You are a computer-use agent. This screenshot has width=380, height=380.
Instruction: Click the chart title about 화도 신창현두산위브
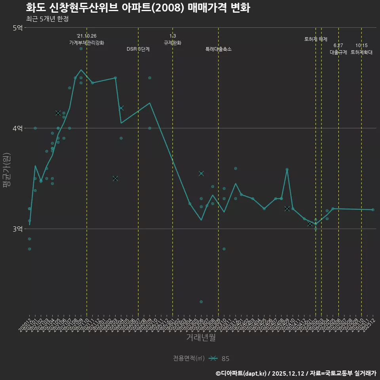tap(138, 8)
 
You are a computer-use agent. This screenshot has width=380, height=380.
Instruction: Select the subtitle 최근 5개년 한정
tap(47, 19)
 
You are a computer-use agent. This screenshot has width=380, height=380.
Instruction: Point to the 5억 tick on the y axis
tap(18, 28)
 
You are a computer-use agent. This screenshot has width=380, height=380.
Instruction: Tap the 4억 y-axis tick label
tap(18, 128)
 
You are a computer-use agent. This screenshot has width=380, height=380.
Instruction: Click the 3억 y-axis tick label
tap(18, 229)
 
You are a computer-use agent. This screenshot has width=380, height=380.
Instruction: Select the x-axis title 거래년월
tap(201, 338)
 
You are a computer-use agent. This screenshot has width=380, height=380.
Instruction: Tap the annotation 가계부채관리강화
tap(87, 43)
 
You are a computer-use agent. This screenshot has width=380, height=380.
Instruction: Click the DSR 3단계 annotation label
tap(138, 49)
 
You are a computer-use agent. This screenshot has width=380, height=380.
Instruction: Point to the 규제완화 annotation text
tap(173, 43)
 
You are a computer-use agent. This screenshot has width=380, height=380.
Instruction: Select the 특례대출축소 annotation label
tap(218, 49)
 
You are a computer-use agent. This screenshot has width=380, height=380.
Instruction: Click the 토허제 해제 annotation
tap(316, 39)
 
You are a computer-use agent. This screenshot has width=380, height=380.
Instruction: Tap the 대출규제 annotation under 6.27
tap(338, 52)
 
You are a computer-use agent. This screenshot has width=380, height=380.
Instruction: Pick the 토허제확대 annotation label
tap(361, 52)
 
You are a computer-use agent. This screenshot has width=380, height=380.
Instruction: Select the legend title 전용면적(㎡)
tap(189, 359)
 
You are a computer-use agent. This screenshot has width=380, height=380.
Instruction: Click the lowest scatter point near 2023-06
tap(201, 302)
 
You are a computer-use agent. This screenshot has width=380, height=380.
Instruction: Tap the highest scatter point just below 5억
tap(81, 49)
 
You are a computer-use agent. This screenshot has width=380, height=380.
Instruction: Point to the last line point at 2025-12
tap(373, 210)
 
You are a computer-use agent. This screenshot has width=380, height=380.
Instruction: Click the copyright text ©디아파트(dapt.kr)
tap(241, 373)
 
